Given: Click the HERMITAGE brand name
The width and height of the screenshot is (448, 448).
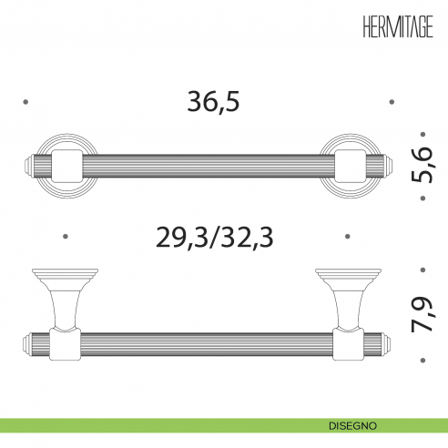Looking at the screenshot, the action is [x=398, y=26].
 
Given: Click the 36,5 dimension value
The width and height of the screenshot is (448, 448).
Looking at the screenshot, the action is [x=213, y=102].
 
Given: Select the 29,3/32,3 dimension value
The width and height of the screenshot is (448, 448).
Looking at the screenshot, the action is [x=215, y=237].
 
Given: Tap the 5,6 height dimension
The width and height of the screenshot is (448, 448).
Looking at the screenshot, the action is [x=423, y=166].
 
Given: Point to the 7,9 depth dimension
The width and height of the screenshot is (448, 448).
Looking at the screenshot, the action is [x=423, y=314].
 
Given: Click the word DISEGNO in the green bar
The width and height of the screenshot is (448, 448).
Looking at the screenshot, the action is [x=352, y=426].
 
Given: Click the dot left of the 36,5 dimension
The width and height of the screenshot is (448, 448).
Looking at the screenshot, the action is [x=25, y=102].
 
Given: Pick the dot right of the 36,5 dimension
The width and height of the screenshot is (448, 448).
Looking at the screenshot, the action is [x=392, y=102].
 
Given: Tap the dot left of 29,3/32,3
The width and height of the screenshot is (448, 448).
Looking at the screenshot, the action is [x=66, y=237].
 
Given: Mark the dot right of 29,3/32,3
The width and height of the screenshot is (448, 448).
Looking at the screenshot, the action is [x=348, y=237].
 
